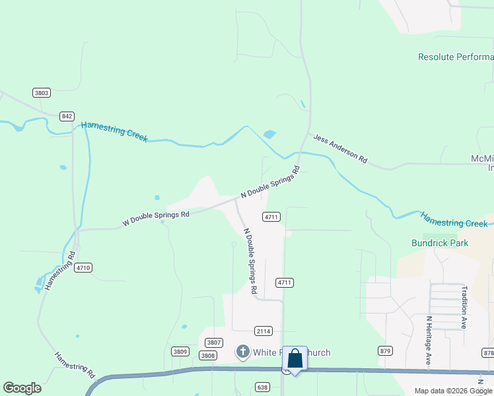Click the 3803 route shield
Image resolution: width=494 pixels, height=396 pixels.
coord(42,92)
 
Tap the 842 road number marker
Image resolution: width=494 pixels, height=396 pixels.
coord(67,116)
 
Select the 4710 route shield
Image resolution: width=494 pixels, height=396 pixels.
coord(83,267)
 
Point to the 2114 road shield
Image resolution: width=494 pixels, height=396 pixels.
coord(263,331)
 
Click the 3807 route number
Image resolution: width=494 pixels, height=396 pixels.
coord(213,342)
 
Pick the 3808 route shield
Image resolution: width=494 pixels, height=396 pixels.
coord(208,355)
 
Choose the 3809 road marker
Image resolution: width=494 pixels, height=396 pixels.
coord(180,351)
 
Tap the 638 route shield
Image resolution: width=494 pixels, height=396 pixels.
coord(263,386)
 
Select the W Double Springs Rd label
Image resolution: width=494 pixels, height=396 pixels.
coord(156,218)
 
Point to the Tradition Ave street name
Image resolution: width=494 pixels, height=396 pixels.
coord(464,306)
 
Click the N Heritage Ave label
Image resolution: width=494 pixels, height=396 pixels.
coord(428,341)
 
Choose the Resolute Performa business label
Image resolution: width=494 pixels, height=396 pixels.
coord(456,57)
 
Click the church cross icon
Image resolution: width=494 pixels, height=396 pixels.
coord(242,352)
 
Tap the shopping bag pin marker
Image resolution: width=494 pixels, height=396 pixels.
coord(295,359)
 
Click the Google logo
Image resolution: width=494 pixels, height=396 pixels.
coord(22,388)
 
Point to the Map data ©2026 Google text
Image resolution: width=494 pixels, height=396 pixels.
coord(453,391)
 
